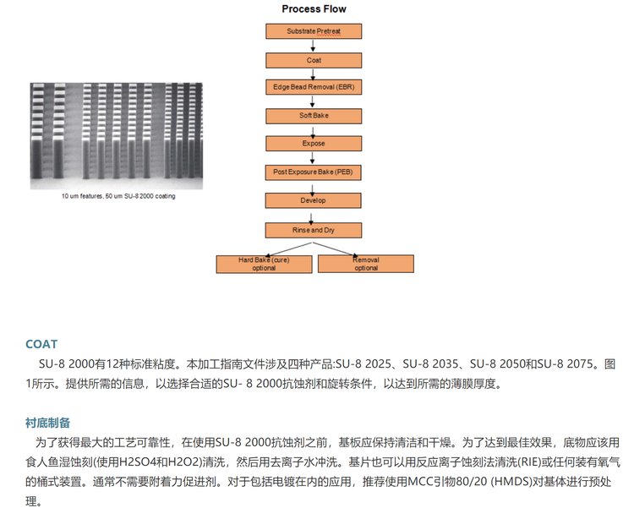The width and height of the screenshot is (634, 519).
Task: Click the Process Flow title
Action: click(x=314, y=9)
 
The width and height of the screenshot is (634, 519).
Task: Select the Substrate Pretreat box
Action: click(x=314, y=32)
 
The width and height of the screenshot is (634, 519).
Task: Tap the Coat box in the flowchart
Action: click(x=314, y=60)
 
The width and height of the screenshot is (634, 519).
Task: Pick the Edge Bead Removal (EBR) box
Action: click(x=314, y=88)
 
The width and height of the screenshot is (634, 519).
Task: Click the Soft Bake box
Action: click(x=314, y=116)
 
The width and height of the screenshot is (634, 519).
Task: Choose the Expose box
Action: click(x=314, y=144)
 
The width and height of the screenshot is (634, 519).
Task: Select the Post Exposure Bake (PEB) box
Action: click(x=314, y=172)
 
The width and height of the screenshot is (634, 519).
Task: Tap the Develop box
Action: click(x=314, y=200)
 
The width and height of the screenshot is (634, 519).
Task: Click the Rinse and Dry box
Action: click(x=314, y=229)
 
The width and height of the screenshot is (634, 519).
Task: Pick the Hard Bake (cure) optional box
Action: click(x=265, y=263)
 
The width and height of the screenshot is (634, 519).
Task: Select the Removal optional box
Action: click(x=365, y=263)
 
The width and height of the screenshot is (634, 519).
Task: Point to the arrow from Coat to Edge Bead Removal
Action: click(x=314, y=74)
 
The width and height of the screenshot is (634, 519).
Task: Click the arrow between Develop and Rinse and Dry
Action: click(x=314, y=215)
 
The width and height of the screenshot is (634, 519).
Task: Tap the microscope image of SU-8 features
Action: click(x=117, y=135)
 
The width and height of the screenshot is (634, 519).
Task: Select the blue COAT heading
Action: click(x=41, y=344)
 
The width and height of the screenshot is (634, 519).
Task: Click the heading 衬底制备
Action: click(x=47, y=422)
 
